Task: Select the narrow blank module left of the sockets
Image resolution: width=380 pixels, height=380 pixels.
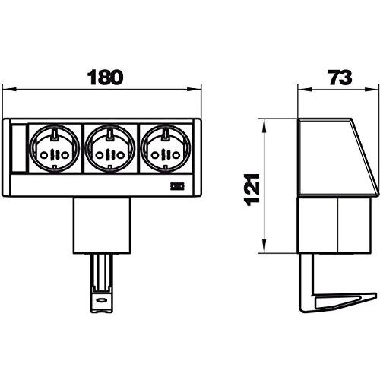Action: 20,150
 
